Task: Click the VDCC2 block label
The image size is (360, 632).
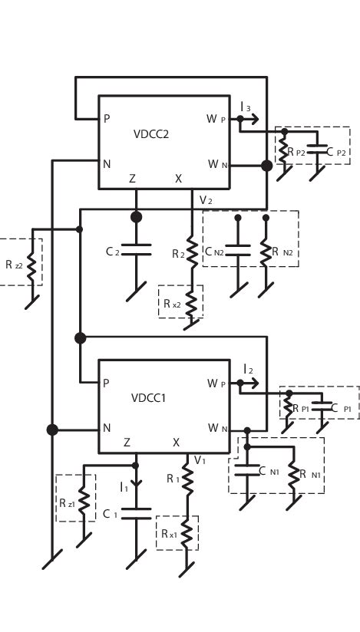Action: [151, 134]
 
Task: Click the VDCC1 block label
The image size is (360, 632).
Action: [149, 398]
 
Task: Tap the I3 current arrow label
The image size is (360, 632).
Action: [246, 107]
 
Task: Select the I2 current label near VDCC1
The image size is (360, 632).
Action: [248, 370]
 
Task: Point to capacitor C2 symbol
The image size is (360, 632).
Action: [137, 250]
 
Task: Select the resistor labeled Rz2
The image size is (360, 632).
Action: [32, 264]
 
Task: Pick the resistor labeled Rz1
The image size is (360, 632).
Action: [84, 502]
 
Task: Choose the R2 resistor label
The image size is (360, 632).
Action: [178, 253]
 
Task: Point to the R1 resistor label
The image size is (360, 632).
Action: [173, 479]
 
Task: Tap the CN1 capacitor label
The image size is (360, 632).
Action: [268, 471]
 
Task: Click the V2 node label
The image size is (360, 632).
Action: [206, 200]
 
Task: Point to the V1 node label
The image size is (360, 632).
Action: [200, 460]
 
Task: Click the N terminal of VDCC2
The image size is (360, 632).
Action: [107, 163]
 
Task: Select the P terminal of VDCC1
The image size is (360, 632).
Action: [106, 383]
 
